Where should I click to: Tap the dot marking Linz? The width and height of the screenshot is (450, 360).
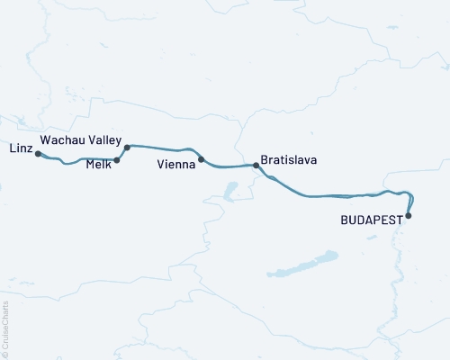pyautogui.click(x=38, y=154)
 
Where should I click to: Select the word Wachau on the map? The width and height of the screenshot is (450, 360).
pyautogui.click(x=63, y=140)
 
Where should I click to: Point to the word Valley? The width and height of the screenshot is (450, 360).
pyautogui.click(x=105, y=140)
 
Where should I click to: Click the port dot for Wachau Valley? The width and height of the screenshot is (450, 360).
pyautogui.click(x=127, y=147)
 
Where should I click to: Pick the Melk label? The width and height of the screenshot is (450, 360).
pyautogui.click(x=99, y=164)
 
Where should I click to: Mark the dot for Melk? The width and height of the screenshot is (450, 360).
pyautogui.click(x=117, y=160)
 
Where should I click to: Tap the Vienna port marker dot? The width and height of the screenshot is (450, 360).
pyautogui.click(x=201, y=159)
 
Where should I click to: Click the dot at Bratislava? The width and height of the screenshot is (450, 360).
pyautogui.click(x=256, y=166)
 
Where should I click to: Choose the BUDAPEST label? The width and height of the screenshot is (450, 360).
pyautogui.click(x=372, y=219)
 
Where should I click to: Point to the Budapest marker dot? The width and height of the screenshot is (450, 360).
pyautogui.click(x=409, y=215)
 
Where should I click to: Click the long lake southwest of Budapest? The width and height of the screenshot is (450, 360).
pyautogui.click(x=301, y=265)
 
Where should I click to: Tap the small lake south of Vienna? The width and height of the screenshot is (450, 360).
pyautogui.click(x=231, y=191)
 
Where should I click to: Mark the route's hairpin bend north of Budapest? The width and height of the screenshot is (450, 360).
pyautogui.click(x=413, y=195)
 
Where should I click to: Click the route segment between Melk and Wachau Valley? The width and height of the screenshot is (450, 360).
pyautogui.click(x=122, y=153)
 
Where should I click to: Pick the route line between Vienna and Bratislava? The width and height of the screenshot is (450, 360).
pyautogui.click(x=229, y=166)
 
